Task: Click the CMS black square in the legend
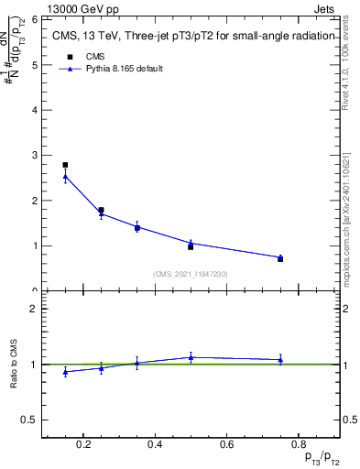click(x=70, y=56)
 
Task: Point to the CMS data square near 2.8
click(x=65, y=165)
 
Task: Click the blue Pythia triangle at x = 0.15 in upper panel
click(x=65, y=176)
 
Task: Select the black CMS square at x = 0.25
click(x=101, y=210)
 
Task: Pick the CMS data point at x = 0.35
click(x=136, y=227)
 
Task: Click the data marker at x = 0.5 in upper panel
click(x=191, y=246)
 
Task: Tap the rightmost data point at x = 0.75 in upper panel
click(x=280, y=259)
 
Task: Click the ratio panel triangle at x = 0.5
click(x=191, y=357)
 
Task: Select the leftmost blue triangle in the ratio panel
click(x=65, y=371)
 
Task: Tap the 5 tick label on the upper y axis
click(x=33, y=65)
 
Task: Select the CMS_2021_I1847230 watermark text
click(x=191, y=273)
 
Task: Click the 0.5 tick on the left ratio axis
click(x=30, y=420)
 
